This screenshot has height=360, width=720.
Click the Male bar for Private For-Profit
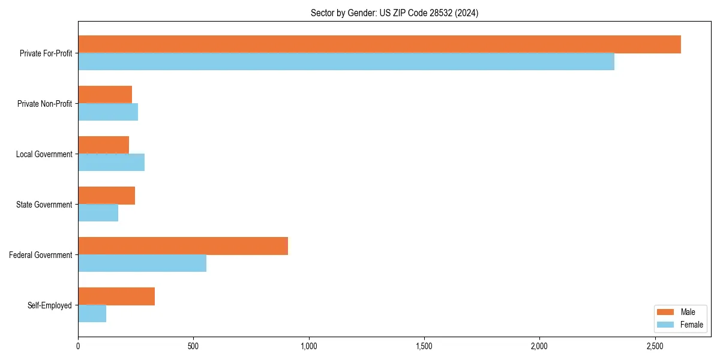point(379,44)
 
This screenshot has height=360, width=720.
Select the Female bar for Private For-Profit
point(346,62)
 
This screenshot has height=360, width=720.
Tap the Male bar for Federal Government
point(183,246)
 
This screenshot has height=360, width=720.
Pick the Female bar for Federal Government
point(142,263)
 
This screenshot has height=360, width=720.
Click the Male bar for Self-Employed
point(116,296)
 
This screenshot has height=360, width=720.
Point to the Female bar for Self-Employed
point(92,314)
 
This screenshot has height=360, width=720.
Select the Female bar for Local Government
point(112,163)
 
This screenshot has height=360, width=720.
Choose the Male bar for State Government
point(107,196)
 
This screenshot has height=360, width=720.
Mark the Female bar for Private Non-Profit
point(108,112)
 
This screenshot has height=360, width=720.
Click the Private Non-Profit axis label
point(44,104)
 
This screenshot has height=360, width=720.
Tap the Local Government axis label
point(44,154)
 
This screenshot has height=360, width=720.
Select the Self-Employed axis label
point(49,305)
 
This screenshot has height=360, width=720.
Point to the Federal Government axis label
point(40,255)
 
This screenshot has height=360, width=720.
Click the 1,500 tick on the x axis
point(424,347)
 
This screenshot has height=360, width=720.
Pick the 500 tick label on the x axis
point(193,347)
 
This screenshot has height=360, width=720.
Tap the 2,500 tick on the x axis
point(655,347)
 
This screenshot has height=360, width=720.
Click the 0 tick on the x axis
point(78,347)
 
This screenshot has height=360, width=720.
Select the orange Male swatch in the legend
point(665,312)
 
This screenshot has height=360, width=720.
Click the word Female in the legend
point(692,325)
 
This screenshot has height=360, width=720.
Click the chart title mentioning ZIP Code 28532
point(394,13)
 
